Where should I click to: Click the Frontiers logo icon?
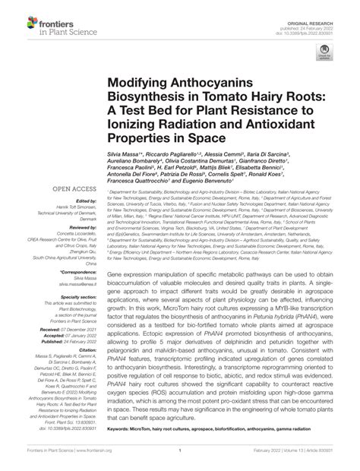[16, 17]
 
